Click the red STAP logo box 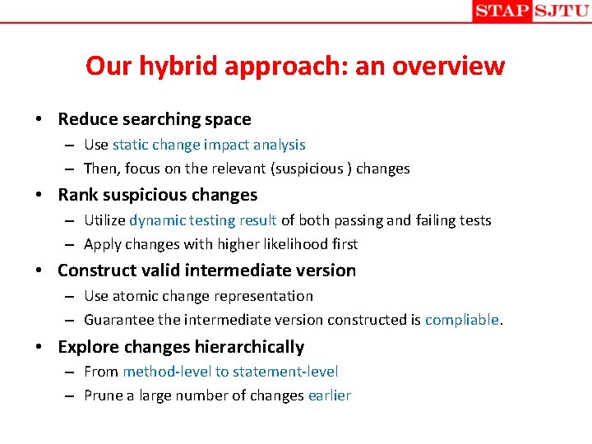click(x=502, y=12)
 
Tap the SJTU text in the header click(x=561, y=12)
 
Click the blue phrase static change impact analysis click(x=209, y=145)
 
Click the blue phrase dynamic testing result click(x=203, y=220)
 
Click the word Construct click(x=94, y=271)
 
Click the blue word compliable click(x=462, y=320)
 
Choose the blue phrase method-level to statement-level click(x=230, y=372)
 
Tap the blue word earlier click(x=330, y=395)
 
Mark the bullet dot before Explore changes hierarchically click(x=40, y=347)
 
